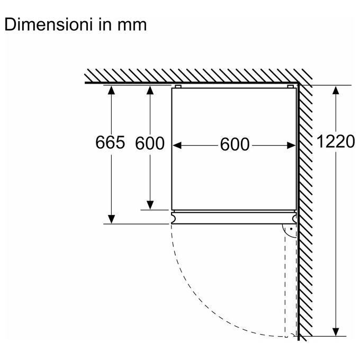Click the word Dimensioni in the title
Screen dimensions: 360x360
(x=49, y=24)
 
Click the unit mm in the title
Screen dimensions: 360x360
(x=132, y=26)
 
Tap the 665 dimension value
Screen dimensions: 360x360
(x=110, y=142)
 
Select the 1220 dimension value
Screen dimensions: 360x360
(x=336, y=141)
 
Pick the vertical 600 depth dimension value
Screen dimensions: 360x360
(x=150, y=143)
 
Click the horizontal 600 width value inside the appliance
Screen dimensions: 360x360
(x=235, y=144)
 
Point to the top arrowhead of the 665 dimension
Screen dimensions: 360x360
(x=111, y=90)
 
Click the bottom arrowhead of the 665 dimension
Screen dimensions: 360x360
(x=111, y=219)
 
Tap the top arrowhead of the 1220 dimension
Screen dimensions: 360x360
(x=336, y=90)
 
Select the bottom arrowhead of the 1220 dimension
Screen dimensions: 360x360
(x=336, y=332)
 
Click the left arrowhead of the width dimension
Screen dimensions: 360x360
(x=177, y=146)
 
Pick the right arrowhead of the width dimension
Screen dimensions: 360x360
(x=291, y=146)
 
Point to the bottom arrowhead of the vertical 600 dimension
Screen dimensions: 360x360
(x=150, y=205)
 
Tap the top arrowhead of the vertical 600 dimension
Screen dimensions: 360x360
(x=150, y=90)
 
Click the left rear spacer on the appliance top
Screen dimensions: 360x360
(x=178, y=86)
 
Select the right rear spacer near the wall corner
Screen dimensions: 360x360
(x=291, y=86)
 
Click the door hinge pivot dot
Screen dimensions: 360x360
(x=291, y=229)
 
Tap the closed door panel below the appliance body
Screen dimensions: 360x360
(x=234, y=218)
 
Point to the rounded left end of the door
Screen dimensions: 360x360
(x=173, y=218)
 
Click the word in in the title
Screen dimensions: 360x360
(x=105, y=24)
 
